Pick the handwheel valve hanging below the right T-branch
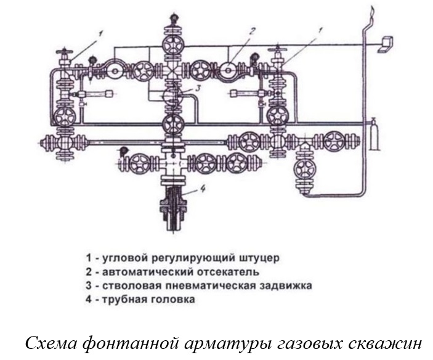(305, 168)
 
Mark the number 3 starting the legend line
(89, 285)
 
